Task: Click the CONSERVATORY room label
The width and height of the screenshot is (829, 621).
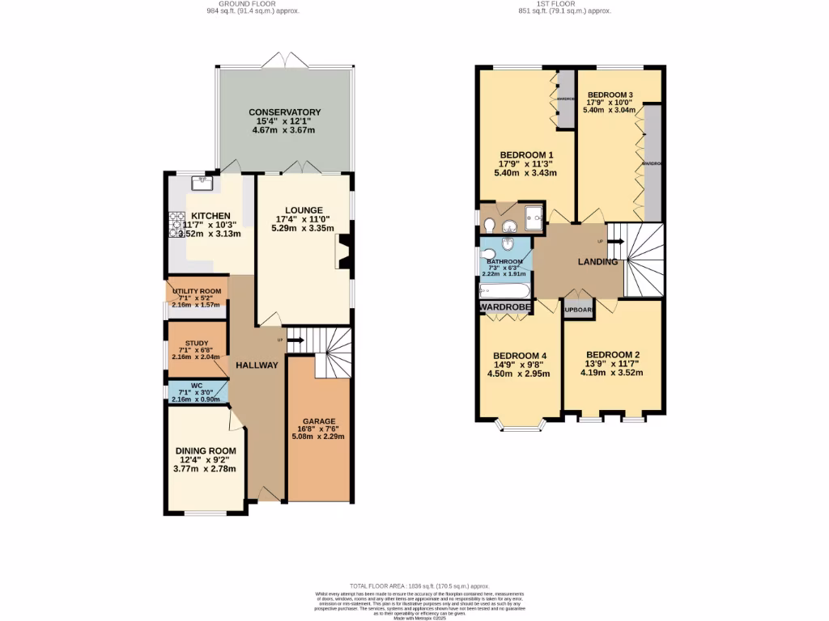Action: click(284, 112)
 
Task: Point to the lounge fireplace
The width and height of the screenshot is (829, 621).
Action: click(343, 251)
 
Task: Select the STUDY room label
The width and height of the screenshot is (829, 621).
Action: click(197, 343)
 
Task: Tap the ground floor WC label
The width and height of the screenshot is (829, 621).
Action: click(197, 385)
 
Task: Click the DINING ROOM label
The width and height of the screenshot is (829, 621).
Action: click(206, 451)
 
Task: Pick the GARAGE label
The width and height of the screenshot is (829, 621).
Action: click(318, 421)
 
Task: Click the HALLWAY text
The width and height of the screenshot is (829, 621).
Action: click(257, 365)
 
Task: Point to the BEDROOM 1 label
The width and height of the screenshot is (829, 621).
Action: click(526, 155)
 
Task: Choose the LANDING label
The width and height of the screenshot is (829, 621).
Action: click(597, 262)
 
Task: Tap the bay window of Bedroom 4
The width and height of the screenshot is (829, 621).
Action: click(519, 425)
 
